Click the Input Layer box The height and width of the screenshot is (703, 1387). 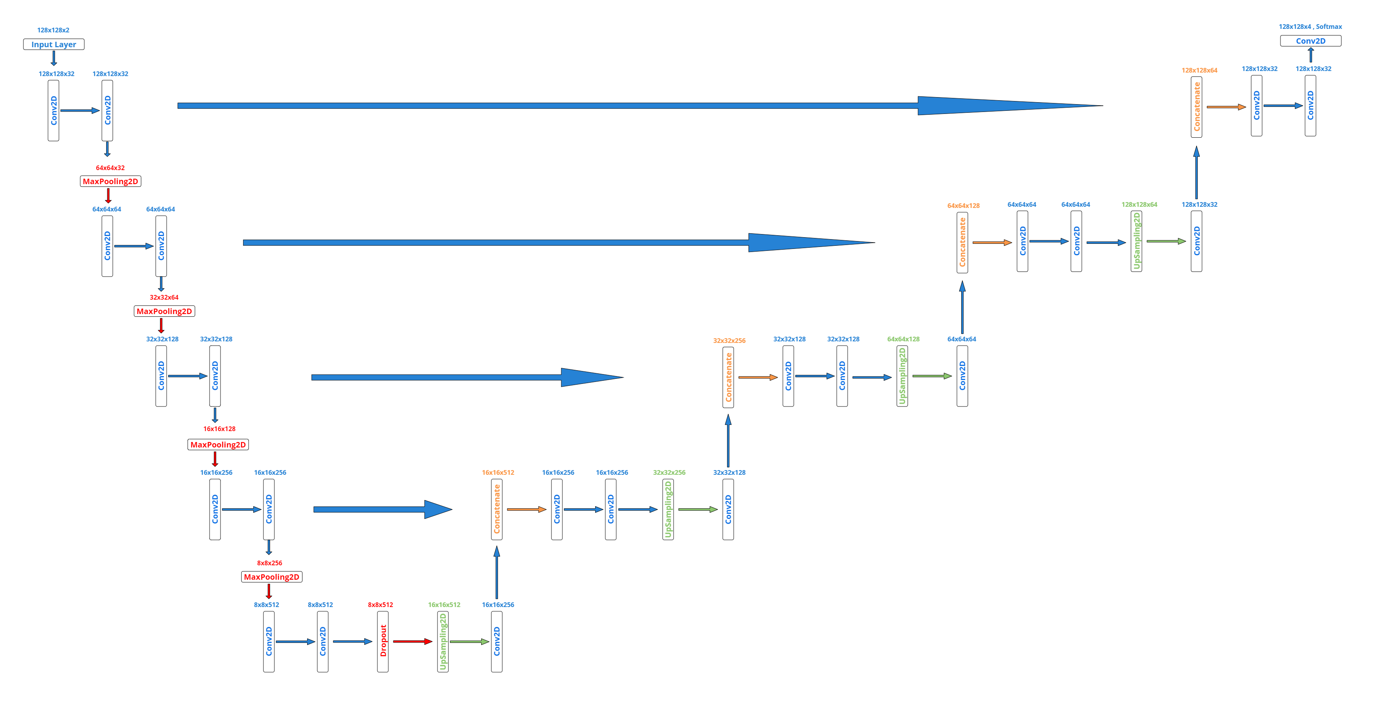[x=54, y=44]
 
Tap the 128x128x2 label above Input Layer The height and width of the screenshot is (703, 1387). [x=53, y=30]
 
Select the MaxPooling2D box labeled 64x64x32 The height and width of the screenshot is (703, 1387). [x=110, y=181]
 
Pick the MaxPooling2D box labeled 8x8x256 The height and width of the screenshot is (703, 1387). [x=271, y=577]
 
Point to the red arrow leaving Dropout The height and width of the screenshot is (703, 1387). [x=413, y=642]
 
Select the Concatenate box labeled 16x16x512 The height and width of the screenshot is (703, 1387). [x=497, y=509]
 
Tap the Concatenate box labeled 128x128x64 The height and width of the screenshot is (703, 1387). [x=1197, y=107]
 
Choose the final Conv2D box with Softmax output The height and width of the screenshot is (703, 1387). [x=1311, y=41]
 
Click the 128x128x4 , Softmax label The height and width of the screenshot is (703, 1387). [x=1310, y=27]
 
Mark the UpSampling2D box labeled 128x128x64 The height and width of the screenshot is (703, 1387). [x=1136, y=241]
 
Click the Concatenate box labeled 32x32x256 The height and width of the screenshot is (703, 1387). [x=729, y=377]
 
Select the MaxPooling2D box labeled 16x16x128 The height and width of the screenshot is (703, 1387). [x=218, y=445]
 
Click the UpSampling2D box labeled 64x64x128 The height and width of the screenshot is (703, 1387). [x=902, y=376]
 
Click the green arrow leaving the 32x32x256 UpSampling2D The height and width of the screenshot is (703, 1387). [x=698, y=509]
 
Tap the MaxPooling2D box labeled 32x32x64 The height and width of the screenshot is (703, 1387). [x=164, y=311]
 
